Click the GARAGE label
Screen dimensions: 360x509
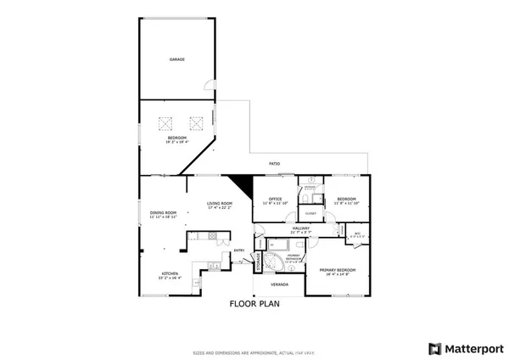[x=176, y=59]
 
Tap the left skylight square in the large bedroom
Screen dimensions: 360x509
[x=165, y=122]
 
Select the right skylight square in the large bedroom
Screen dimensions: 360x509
[x=197, y=122]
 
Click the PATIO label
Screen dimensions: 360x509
[x=275, y=163]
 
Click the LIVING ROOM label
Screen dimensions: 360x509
[x=221, y=204]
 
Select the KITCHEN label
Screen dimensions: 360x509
[x=170, y=274]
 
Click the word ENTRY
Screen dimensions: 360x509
[x=239, y=250]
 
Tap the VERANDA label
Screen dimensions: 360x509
[x=279, y=284]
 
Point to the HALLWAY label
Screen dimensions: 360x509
[x=302, y=228]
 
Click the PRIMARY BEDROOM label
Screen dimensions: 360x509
[x=337, y=269]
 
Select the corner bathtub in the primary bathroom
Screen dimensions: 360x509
[x=276, y=260]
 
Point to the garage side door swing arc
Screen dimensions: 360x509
[x=208, y=83]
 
